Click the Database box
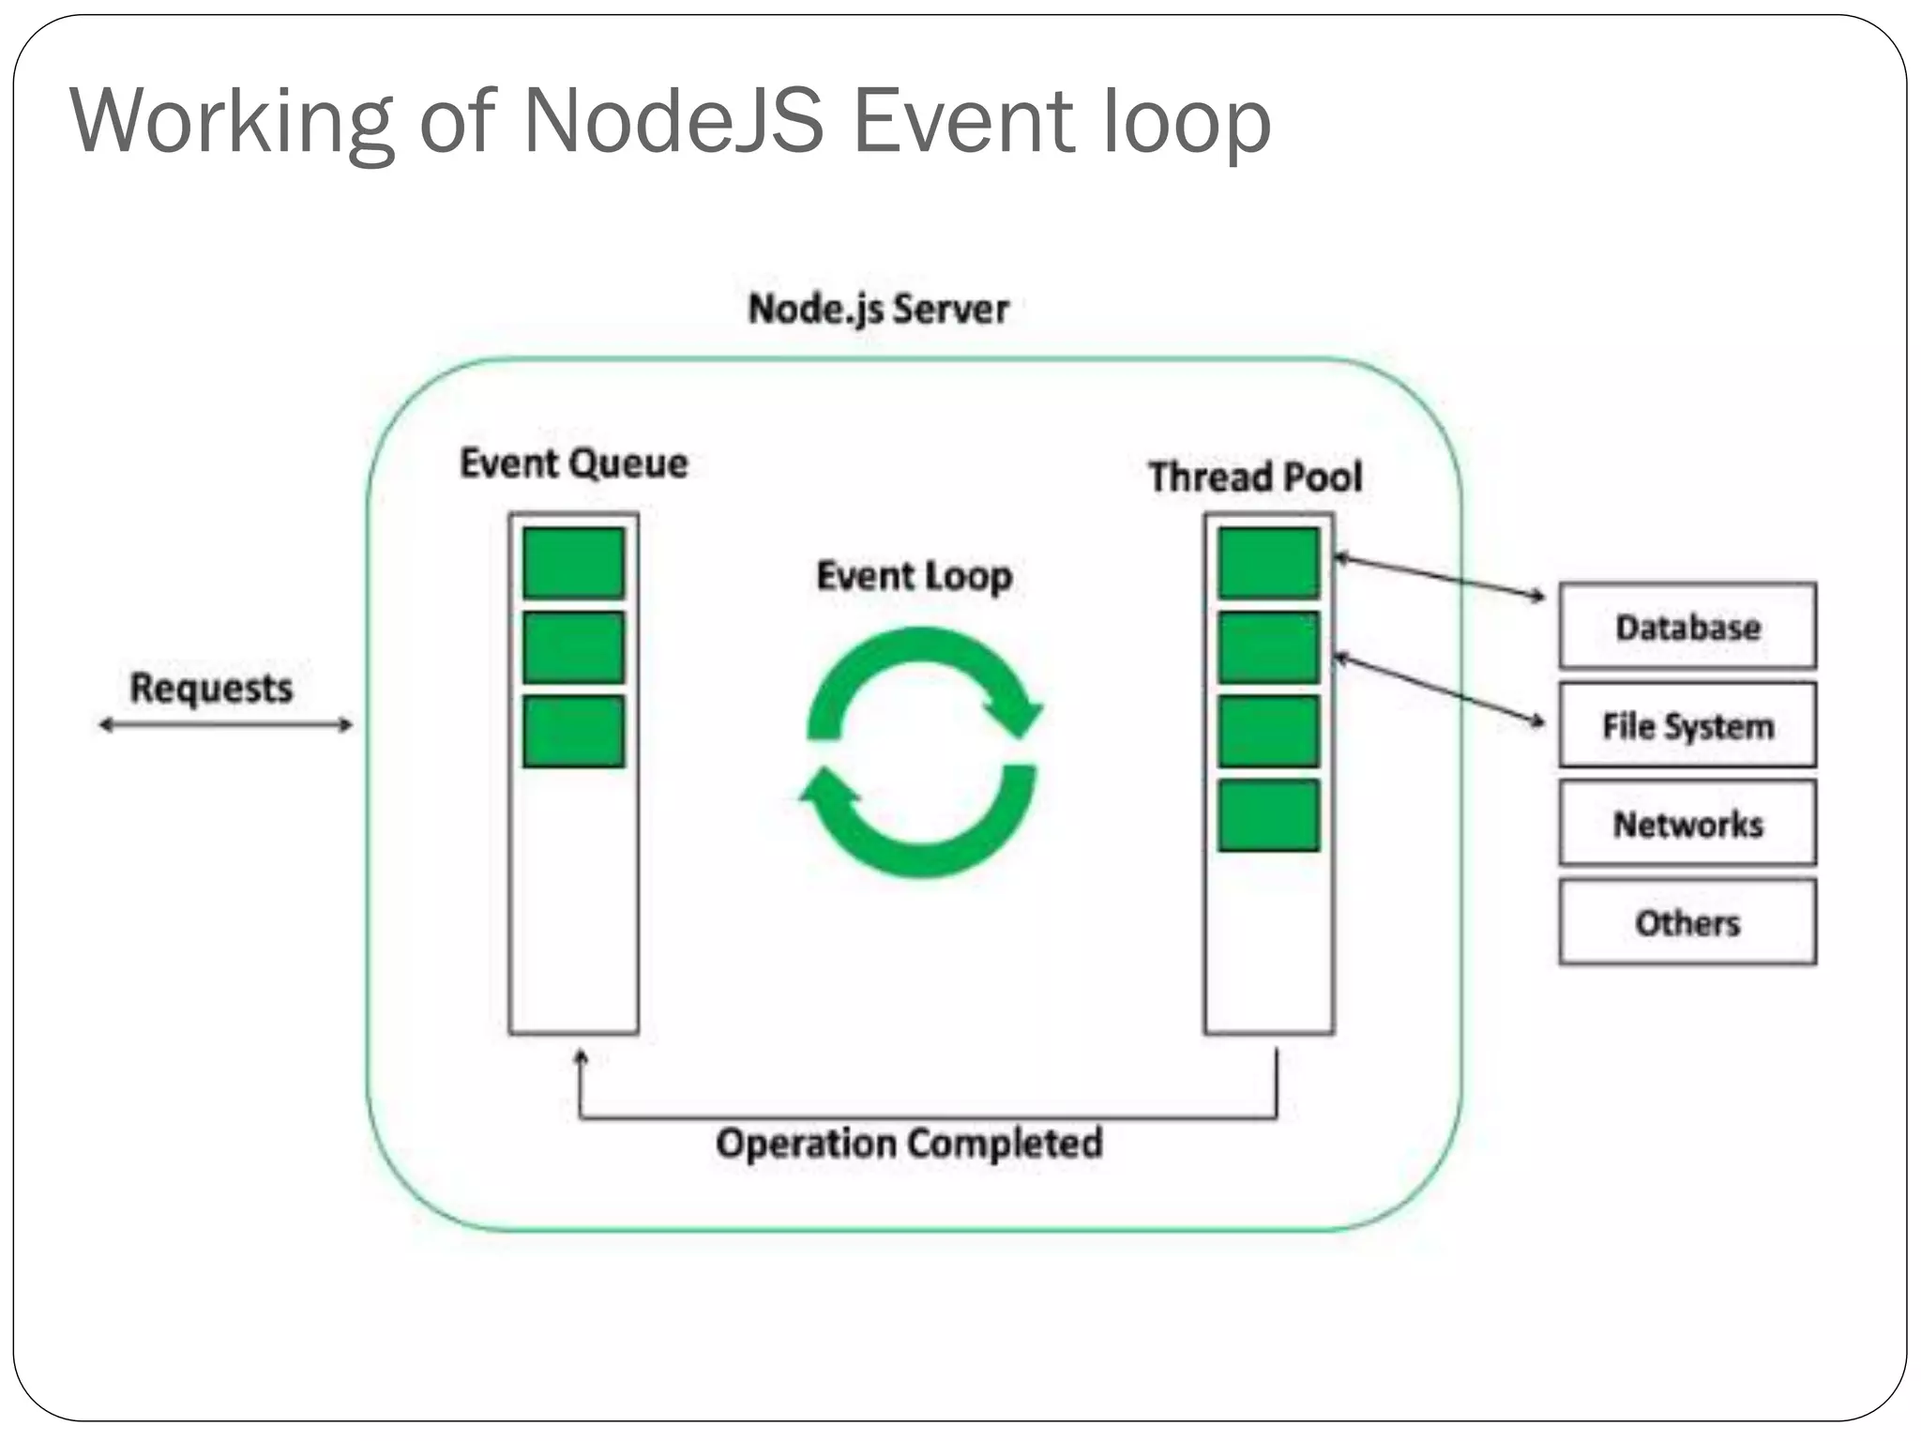pos(1687,626)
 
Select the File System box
pos(1687,725)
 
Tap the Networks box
pos(1687,823)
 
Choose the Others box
pos(1687,922)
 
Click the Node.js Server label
pos(878,309)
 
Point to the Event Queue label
pos(573,463)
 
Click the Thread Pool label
pos(1255,477)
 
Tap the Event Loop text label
pos(914,576)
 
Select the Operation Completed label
pos(908,1144)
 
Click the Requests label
pos(211,688)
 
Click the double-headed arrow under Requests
pos(225,724)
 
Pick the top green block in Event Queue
pos(573,563)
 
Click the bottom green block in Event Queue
pos(573,731)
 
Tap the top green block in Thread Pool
pos(1268,563)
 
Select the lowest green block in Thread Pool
pos(1268,814)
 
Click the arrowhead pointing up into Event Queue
pos(581,1058)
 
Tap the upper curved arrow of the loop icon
pos(929,657)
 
